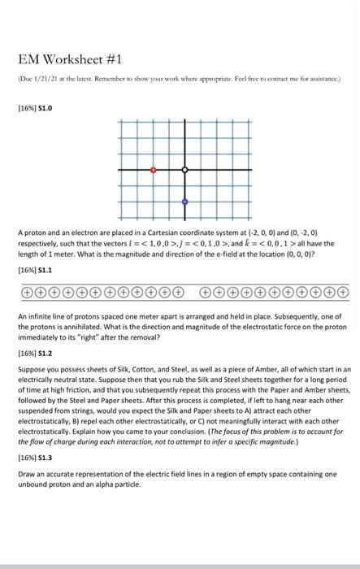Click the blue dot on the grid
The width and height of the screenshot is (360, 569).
[x=184, y=201]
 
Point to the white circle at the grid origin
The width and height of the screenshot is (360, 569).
[x=184, y=171]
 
